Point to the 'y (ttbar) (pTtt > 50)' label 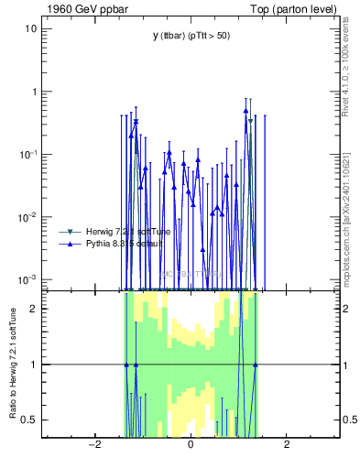click(191, 36)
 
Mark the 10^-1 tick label click(28, 154)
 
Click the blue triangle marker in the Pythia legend click(66, 244)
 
